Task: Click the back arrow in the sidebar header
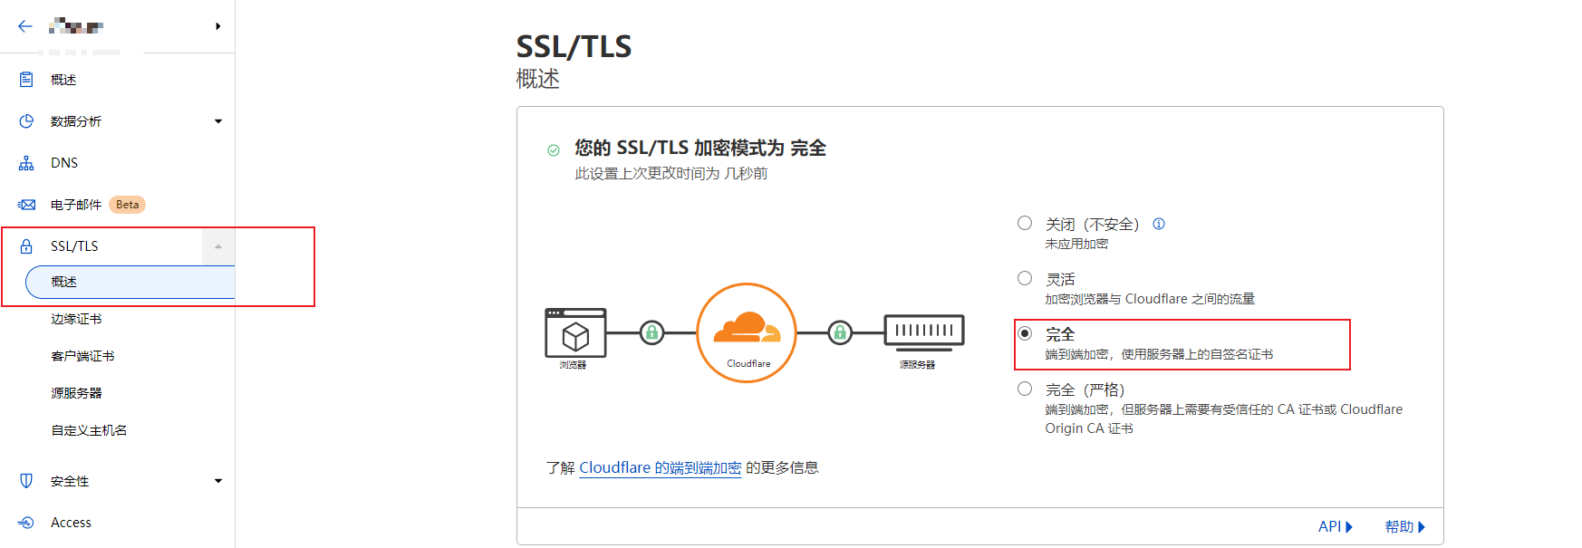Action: (x=25, y=26)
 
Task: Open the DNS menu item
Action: (x=63, y=163)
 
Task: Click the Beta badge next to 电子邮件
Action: (x=127, y=205)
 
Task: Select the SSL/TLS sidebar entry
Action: (x=74, y=246)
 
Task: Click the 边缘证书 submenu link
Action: (x=76, y=319)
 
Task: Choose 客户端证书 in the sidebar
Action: (x=82, y=356)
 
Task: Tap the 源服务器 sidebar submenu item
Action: (x=76, y=393)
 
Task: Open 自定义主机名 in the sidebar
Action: (x=89, y=430)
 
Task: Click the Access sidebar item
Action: (x=71, y=523)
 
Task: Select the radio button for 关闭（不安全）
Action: (x=1025, y=223)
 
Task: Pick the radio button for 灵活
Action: (x=1025, y=278)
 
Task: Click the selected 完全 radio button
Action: (x=1025, y=333)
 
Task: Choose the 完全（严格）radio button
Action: (x=1025, y=389)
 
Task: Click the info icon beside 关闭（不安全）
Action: (x=1159, y=224)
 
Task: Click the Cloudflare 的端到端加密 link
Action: (x=660, y=467)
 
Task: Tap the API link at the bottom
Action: (x=1335, y=526)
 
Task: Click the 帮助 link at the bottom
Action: (x=1404, y=526)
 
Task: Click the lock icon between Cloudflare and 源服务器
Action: (x=840, y=332)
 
